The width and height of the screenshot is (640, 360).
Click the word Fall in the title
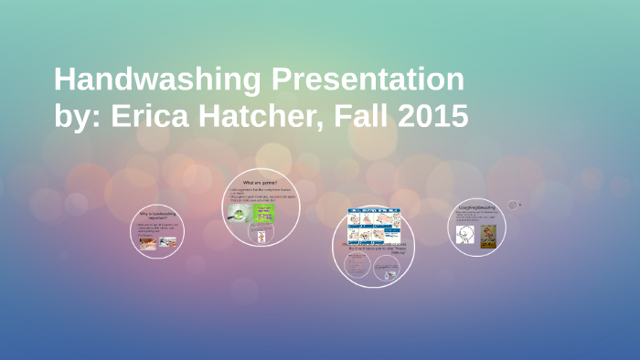point(359,116)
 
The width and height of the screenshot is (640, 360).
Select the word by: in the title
point(79,116)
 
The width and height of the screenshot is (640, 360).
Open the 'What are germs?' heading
point(260,184)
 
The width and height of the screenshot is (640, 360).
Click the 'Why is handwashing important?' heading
point(157,216)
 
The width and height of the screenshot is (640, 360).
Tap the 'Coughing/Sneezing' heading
point(477,207)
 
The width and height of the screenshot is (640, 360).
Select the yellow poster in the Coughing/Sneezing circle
point(488,233)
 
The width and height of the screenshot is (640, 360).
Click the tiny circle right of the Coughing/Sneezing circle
point(512,205)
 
